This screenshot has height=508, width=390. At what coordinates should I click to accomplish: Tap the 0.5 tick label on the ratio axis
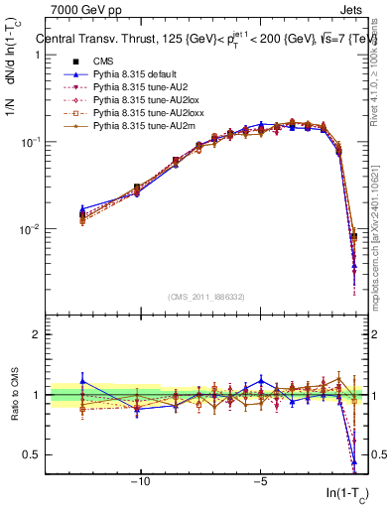[32, 454]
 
